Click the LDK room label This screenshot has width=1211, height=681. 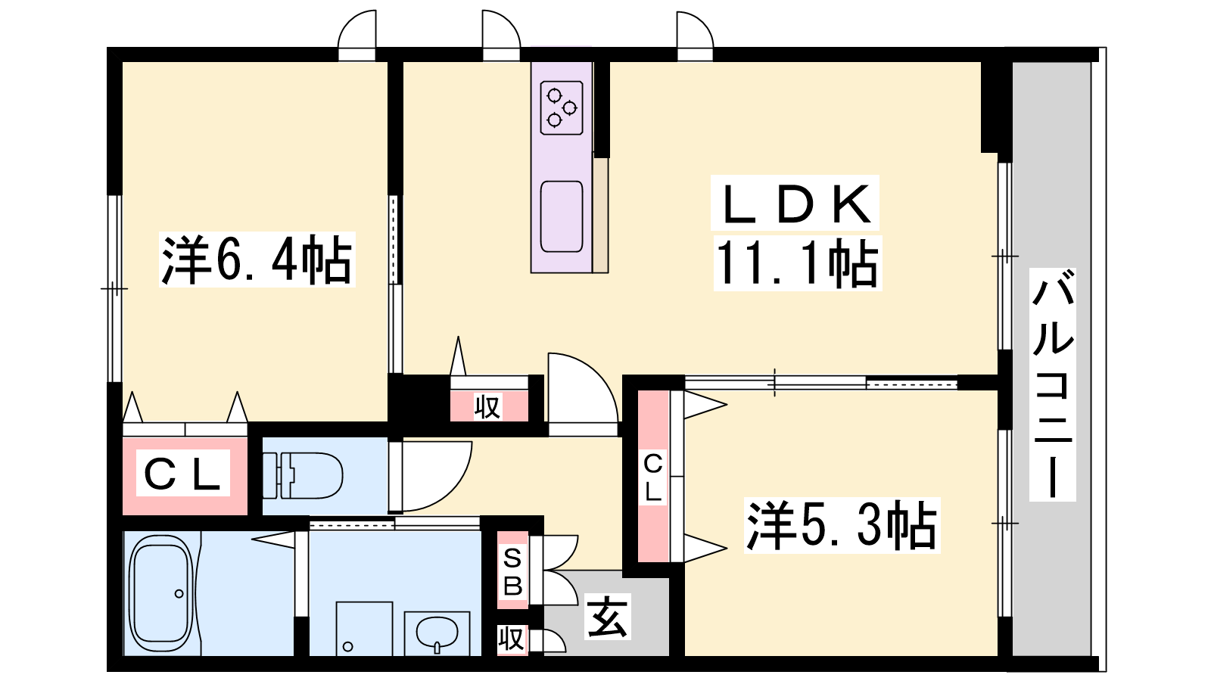(795, 204)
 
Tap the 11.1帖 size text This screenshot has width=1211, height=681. (798, 263)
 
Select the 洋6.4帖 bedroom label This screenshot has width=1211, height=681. (257, 260)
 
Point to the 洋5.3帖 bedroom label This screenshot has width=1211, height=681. (842, 525)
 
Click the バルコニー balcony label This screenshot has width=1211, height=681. (1052, 384)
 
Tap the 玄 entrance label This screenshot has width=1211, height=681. (608, 616)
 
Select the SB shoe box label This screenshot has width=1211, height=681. (512, 570)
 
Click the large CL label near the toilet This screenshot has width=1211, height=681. (183, 474)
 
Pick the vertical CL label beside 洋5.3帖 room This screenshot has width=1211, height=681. (653, 477)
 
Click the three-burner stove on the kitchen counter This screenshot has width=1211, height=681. (562, 107)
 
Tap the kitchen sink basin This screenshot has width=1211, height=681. (562, 216)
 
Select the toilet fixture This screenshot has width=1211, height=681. (303, 476)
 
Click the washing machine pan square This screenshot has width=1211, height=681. (364, 629)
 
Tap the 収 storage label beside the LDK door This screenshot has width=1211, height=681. (487, 406)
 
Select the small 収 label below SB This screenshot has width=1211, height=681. (511, 639)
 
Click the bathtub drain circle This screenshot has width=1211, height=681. (179, 594)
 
